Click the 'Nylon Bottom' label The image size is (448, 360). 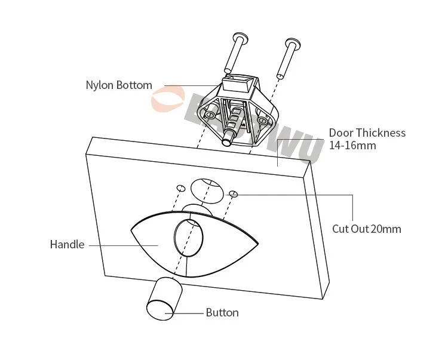click(x=119, y=85)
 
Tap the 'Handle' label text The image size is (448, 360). click(x=67, y=244)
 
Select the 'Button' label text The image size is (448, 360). click(x=222, y=312)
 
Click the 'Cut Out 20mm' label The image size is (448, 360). click(x=367, y=229)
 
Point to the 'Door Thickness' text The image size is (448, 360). click(x=367, y=133)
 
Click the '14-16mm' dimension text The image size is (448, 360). click(x=352, y=145)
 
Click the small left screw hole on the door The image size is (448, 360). click(x=180, y=188)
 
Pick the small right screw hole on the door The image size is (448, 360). click(x=234, y=193)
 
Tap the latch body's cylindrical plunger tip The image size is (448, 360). click(x=228, y=141)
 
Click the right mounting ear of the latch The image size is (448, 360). click(x=263, y=120)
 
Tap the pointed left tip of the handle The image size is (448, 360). click(x=133, y=228)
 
